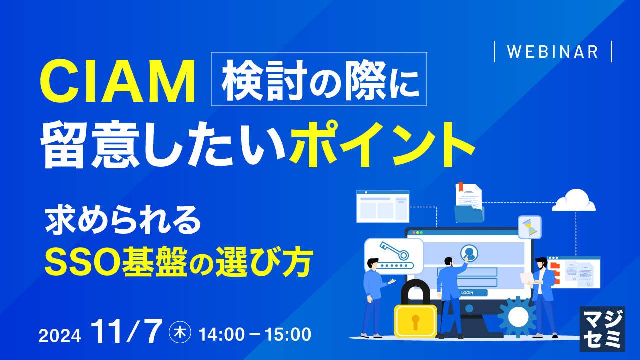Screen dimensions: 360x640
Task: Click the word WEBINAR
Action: click(553, 52)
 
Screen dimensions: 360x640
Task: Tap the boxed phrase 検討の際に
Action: click(319, 79)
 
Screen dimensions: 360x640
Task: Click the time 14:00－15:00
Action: click(255, 334)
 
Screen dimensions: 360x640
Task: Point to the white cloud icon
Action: click(574, 201)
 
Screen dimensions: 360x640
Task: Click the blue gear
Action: click(518, 316)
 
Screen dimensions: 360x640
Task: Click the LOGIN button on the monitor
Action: click(468, 293)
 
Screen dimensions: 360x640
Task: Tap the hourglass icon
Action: click(530, 227)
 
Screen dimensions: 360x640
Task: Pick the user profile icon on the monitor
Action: click(469, 252)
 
